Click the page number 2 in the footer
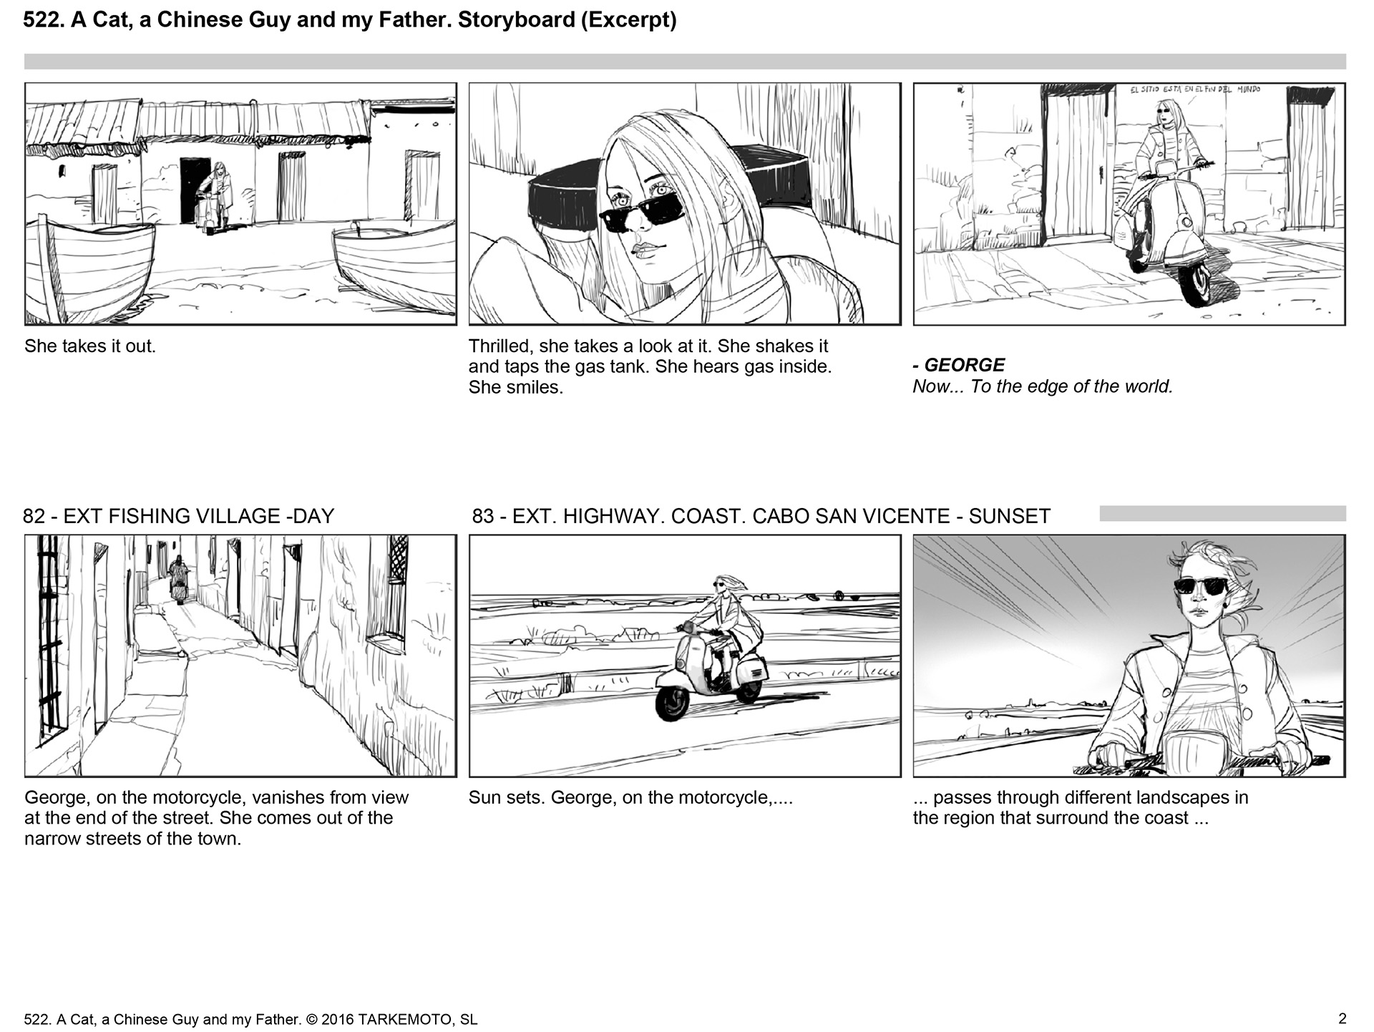pos(1342,1018)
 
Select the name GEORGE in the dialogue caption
pos(965,365)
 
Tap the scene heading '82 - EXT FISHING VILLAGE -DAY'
pos(179,516)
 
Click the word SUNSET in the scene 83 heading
pos(1009,516)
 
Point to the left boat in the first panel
pos(89,268)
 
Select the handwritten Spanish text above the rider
pos(1194,90)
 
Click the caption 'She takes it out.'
pos(90,346)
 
